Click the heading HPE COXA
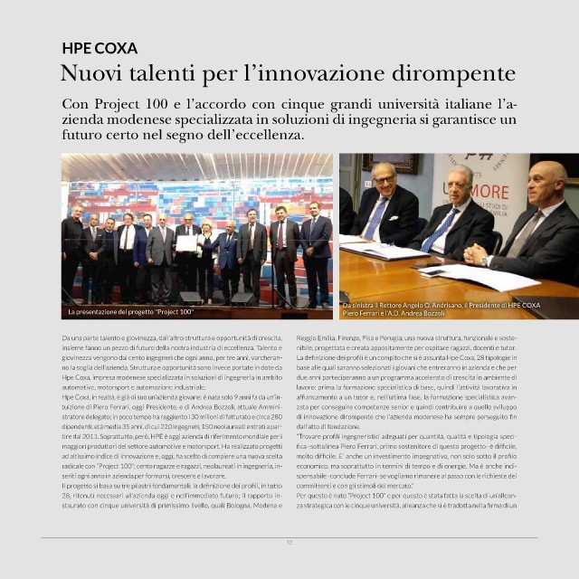[x=100, y=49]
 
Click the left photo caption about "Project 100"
[x=132, y=312]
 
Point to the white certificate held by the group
[x=186, y=242]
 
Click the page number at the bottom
[x=289, y=543]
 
